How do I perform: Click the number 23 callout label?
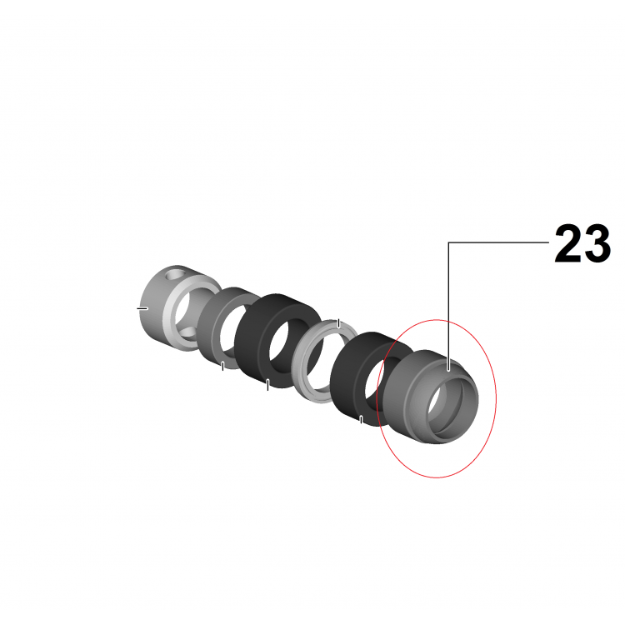(x=582, y=243)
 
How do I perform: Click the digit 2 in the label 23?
(x=567, y=243)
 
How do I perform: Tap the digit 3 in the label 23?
(x=597, y=243)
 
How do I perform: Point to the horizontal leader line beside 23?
(x=498, y=242)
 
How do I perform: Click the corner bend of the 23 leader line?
(x=449, y=242)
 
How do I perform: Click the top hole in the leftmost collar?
(x=175, y=274)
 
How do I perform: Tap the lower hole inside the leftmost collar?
(x=187, y=331)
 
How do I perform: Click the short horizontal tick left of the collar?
(x=142, y=308)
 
